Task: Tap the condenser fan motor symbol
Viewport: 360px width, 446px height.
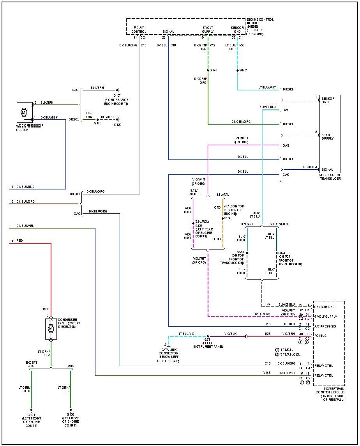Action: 50,329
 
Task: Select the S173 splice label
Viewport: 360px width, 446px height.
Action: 214,70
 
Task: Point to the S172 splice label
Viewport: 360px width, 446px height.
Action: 243,70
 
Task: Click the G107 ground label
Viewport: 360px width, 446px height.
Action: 117,96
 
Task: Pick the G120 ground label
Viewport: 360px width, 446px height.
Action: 117,125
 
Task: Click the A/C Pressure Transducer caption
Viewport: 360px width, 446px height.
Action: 330,177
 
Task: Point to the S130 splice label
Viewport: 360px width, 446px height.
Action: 240,252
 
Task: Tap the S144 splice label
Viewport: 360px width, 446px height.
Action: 282,253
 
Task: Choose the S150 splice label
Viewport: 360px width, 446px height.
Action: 228,218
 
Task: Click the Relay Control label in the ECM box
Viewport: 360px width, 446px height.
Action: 139,29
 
